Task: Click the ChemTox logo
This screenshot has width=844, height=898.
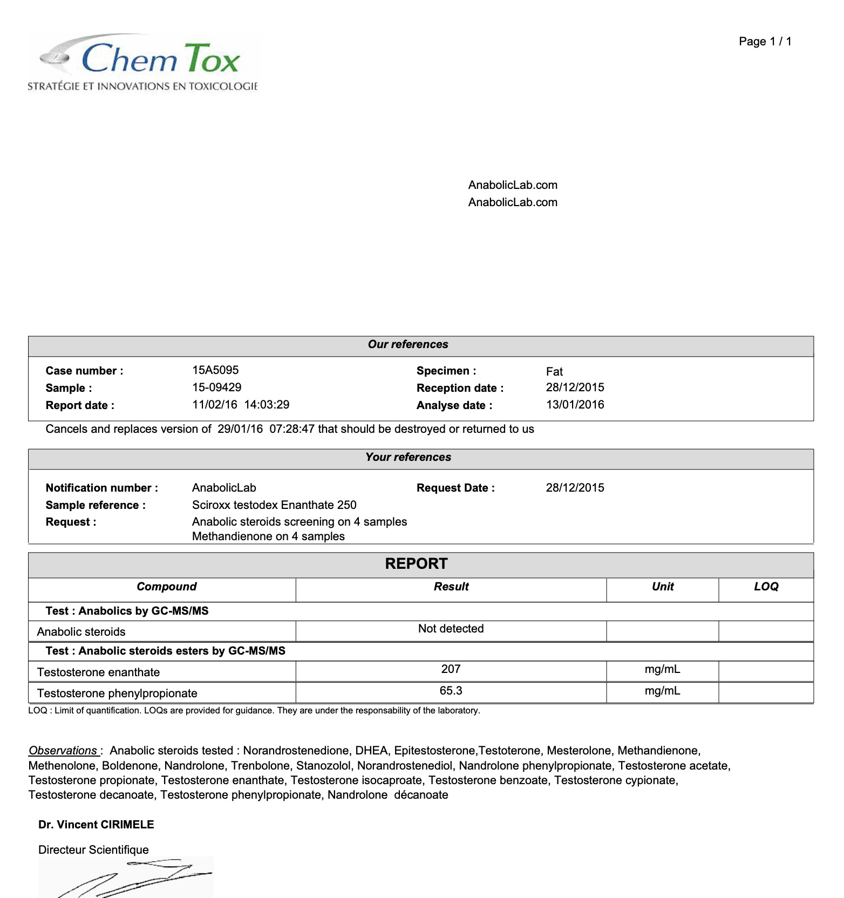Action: click(143, 63)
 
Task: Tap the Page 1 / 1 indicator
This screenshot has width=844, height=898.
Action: click(765, 42)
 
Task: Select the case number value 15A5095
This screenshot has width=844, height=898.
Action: click(215, 370)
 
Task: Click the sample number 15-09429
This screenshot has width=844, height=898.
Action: click(216, 387)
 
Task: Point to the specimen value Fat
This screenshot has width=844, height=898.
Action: click(554, 371)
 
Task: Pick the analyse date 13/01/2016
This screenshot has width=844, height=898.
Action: click(575, 405)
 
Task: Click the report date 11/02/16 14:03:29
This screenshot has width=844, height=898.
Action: click(241, 405)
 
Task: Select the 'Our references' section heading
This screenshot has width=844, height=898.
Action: click(408, 344)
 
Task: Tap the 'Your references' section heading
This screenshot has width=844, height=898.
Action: click(408, 457)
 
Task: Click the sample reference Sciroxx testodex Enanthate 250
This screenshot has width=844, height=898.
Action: click(274, 505)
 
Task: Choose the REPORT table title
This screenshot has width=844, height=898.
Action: click(416, 564)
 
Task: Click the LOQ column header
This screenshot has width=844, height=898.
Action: click(766, 587)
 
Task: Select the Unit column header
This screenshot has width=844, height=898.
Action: click(663, 587)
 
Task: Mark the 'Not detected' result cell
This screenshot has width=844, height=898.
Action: click(451, 629)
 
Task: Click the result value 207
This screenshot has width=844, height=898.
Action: click(451, 669)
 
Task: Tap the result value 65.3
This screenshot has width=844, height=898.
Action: click(451, 691)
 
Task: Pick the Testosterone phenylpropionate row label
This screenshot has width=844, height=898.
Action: click(117, 693)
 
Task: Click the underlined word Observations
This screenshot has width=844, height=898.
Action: click(63, 751)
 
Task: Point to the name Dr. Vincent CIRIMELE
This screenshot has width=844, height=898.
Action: click(96, 825)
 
